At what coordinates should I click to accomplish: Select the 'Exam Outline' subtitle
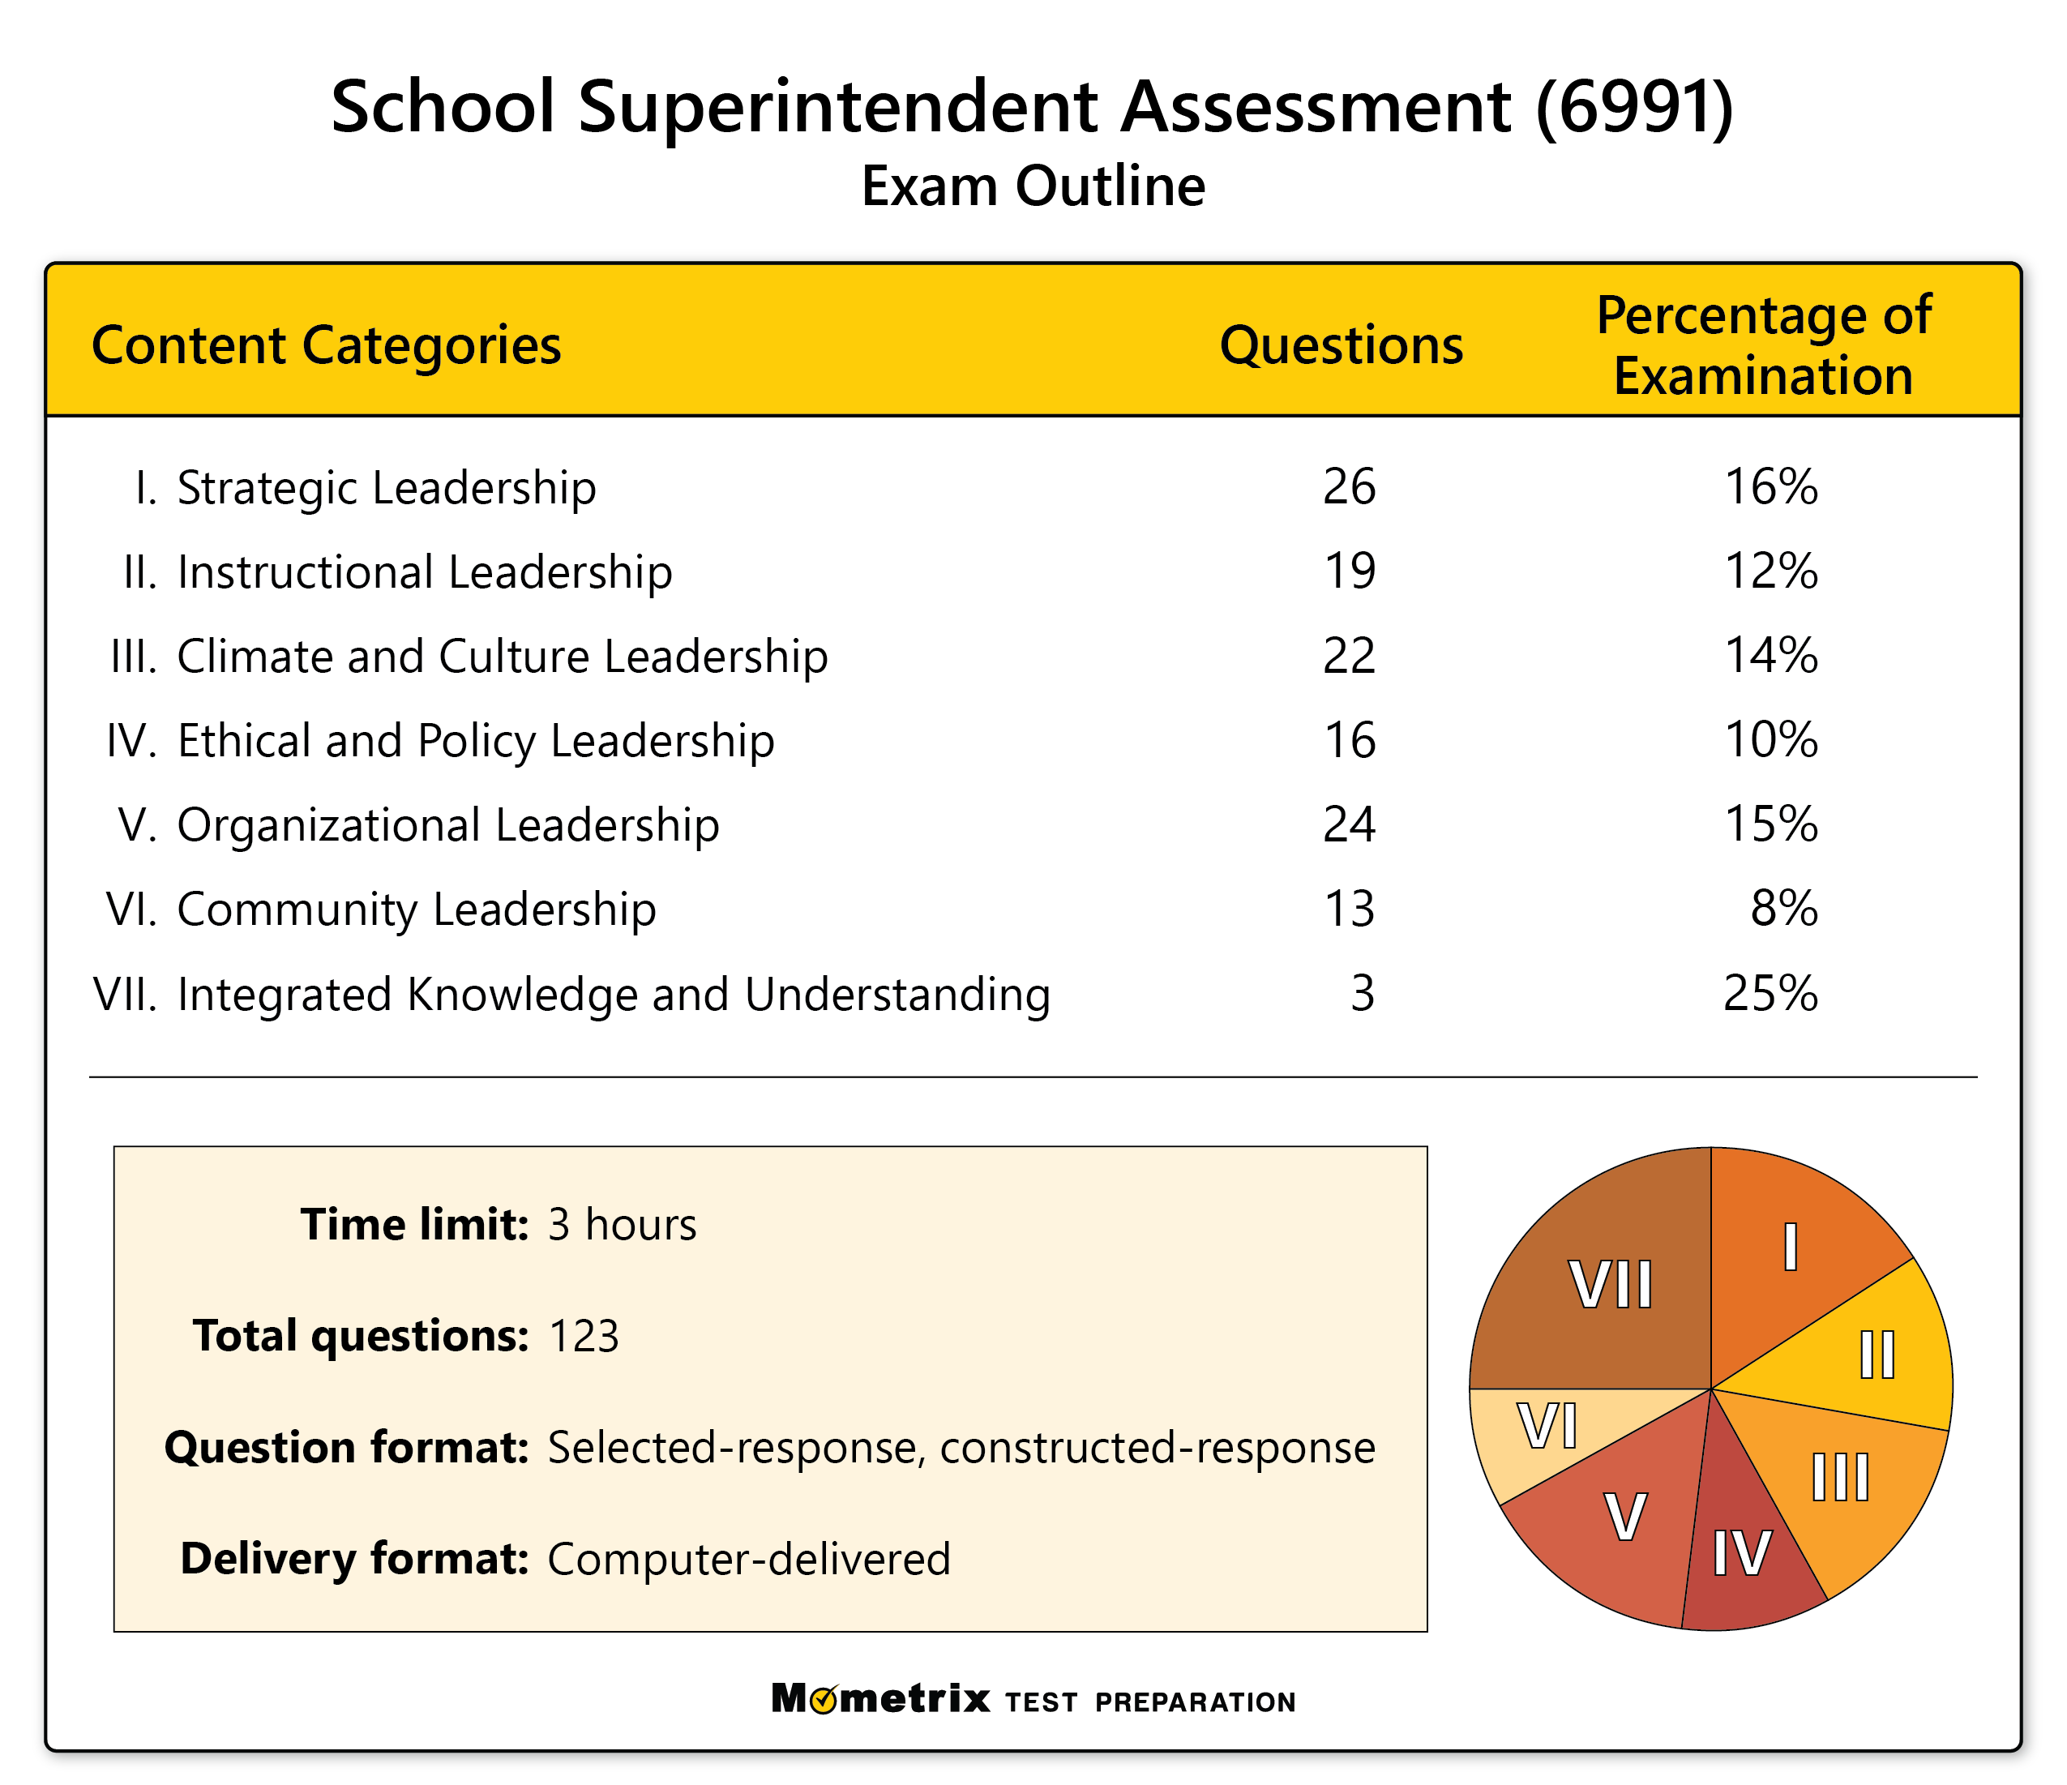coord(1033,186)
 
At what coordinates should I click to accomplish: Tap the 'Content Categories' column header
coord(326,346)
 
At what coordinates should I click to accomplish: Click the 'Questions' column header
coord(1341,346)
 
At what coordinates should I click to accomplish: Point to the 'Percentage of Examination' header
coord(1764,345)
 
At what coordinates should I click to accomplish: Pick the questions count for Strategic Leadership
coord(1349,487)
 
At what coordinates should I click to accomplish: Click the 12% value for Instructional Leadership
coord(1770,571)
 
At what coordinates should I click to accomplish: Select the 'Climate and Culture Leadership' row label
coord(502,657)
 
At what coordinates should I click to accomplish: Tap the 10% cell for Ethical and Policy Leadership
coord(1770,740)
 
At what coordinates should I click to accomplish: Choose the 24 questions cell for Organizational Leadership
coord(1349,825)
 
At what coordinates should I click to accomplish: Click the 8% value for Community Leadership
coord(1783,909)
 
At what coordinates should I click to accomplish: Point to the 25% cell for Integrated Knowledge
coord(1770,994)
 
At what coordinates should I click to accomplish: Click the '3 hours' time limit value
coord(622,1224)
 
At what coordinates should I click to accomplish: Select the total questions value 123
coord(584,1336)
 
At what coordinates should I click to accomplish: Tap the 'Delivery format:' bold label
coord(354,1559)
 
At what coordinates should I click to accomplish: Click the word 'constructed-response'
coord(1158,1448)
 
